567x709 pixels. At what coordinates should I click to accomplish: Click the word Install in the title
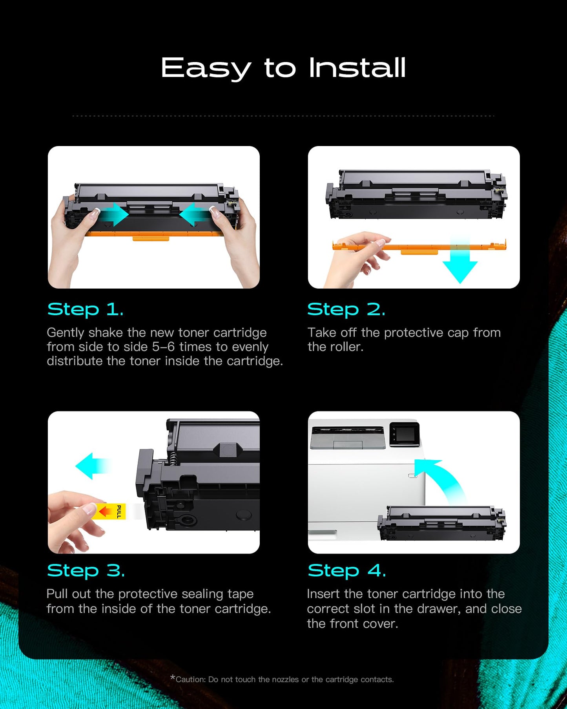357,68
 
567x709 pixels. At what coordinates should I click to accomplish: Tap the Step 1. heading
85,310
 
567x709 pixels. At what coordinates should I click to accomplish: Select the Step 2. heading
346,310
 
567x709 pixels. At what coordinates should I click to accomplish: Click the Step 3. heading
86,571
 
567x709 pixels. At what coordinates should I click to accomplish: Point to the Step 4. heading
346,571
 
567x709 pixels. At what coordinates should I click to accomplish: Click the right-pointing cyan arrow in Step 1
114,214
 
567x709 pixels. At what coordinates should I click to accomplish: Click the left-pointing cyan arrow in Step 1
194,214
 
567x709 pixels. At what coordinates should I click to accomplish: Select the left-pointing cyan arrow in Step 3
92,466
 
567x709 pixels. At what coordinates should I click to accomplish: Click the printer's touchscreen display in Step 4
405,434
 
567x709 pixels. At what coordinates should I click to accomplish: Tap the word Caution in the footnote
190,680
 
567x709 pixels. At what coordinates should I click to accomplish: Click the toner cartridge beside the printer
441,523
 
